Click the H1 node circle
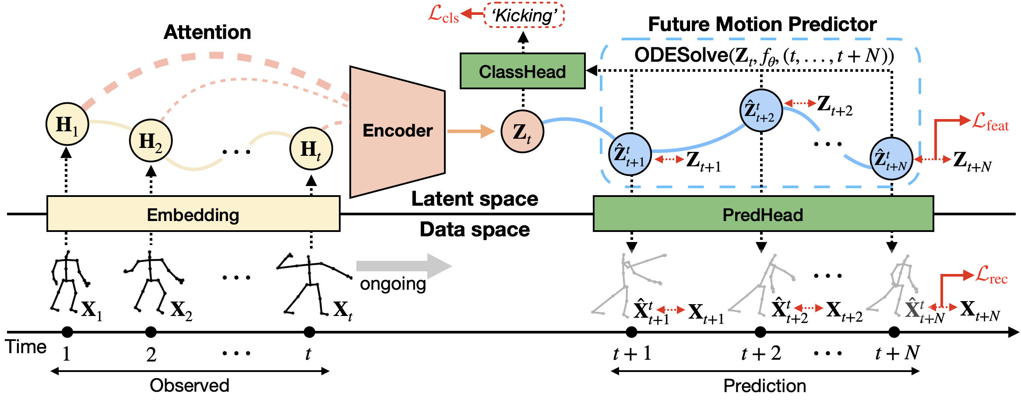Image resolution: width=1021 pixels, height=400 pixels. pyautogui.click(x=67, y=124)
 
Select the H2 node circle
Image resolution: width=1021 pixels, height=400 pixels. pyautogui.click(x=151, y=140)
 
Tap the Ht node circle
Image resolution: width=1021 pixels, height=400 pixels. pyautogui.click(x=311, y=149)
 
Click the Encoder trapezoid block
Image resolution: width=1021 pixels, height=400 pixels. pyautogui.click(x=397, y=131)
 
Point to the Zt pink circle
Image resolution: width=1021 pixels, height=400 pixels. pyautogui.click(x=522, y=131)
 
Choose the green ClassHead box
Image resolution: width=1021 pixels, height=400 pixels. pyautogui.click(x=522, y=71)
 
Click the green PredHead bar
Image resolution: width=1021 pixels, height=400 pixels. pyautogui.click(x=763, y=214)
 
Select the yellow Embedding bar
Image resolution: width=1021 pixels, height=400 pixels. pyautogui.click(x=193, y=214)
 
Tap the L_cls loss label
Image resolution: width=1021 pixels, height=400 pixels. pyautogui.click(x=443, y=14)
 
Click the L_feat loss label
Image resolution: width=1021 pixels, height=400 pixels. pyautogui.click(x=990, y=121)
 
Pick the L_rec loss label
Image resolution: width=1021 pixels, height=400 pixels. pyautogui.click(x=991, y=274)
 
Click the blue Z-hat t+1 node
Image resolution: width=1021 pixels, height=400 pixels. pyautogui.click(x=630, y=154)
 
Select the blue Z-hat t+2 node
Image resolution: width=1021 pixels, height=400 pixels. pyautogui.click(x=761, y=110)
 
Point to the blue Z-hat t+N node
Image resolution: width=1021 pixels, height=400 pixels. pyautogui.click(x=891, y=158)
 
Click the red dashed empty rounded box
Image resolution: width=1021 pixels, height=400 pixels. pyautogui.click(x=524, y=15)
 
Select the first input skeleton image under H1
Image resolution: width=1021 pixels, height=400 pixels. pyautogui.click(x=69, y=280)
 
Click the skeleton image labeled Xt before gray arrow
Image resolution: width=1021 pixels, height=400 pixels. pyautogui.click(x=313, y=284)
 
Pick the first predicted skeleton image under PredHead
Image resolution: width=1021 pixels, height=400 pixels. pyautogui.click(x=627, y=284)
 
